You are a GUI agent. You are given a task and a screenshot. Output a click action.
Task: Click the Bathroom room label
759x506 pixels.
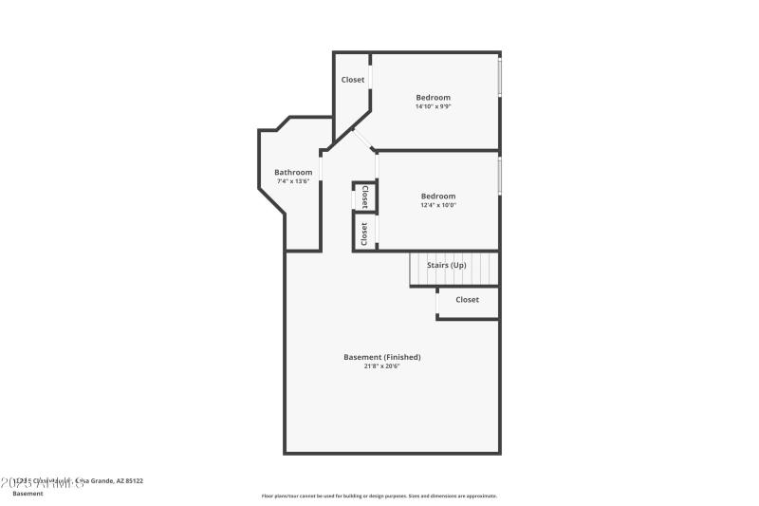coord(293,172)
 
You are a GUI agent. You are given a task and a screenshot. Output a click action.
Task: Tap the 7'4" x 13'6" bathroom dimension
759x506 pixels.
coord(293,181)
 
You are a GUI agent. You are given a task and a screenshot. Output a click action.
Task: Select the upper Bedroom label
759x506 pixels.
coord(433,97)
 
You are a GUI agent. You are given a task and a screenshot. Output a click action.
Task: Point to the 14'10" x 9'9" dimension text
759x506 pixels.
coord(433,106)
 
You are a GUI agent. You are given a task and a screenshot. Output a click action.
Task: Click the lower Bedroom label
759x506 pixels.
coord(438,197)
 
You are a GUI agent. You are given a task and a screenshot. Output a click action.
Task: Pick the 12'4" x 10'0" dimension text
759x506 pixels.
coord(438,206)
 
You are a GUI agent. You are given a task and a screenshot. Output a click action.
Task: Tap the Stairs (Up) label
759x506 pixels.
coord(446,265)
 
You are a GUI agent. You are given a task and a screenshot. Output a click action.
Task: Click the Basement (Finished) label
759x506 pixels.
coord(381,357)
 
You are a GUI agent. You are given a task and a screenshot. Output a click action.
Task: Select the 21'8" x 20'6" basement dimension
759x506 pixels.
coord(381,366)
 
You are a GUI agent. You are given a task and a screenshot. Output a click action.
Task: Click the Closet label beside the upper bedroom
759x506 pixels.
coord(353,80)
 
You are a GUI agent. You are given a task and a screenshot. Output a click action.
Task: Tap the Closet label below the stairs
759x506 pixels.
coord(467,299)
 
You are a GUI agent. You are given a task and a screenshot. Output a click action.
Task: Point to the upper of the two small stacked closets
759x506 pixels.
coord(364,197)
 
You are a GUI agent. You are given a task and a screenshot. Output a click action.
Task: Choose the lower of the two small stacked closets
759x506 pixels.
coord(364,234)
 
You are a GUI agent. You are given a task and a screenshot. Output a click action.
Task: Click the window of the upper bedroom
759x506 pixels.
coord(500,76)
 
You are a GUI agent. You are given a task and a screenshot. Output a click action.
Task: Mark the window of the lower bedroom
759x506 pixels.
coord(500,177)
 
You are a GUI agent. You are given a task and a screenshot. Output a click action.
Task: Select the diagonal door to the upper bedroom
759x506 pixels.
coord(361,140)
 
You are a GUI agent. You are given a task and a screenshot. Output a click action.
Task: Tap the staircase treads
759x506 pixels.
coord(454,276)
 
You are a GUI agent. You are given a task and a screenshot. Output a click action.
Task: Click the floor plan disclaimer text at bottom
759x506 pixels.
coord(379,496)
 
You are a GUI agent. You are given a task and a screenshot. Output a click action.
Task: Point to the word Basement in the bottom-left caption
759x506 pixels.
coord(28,494)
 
